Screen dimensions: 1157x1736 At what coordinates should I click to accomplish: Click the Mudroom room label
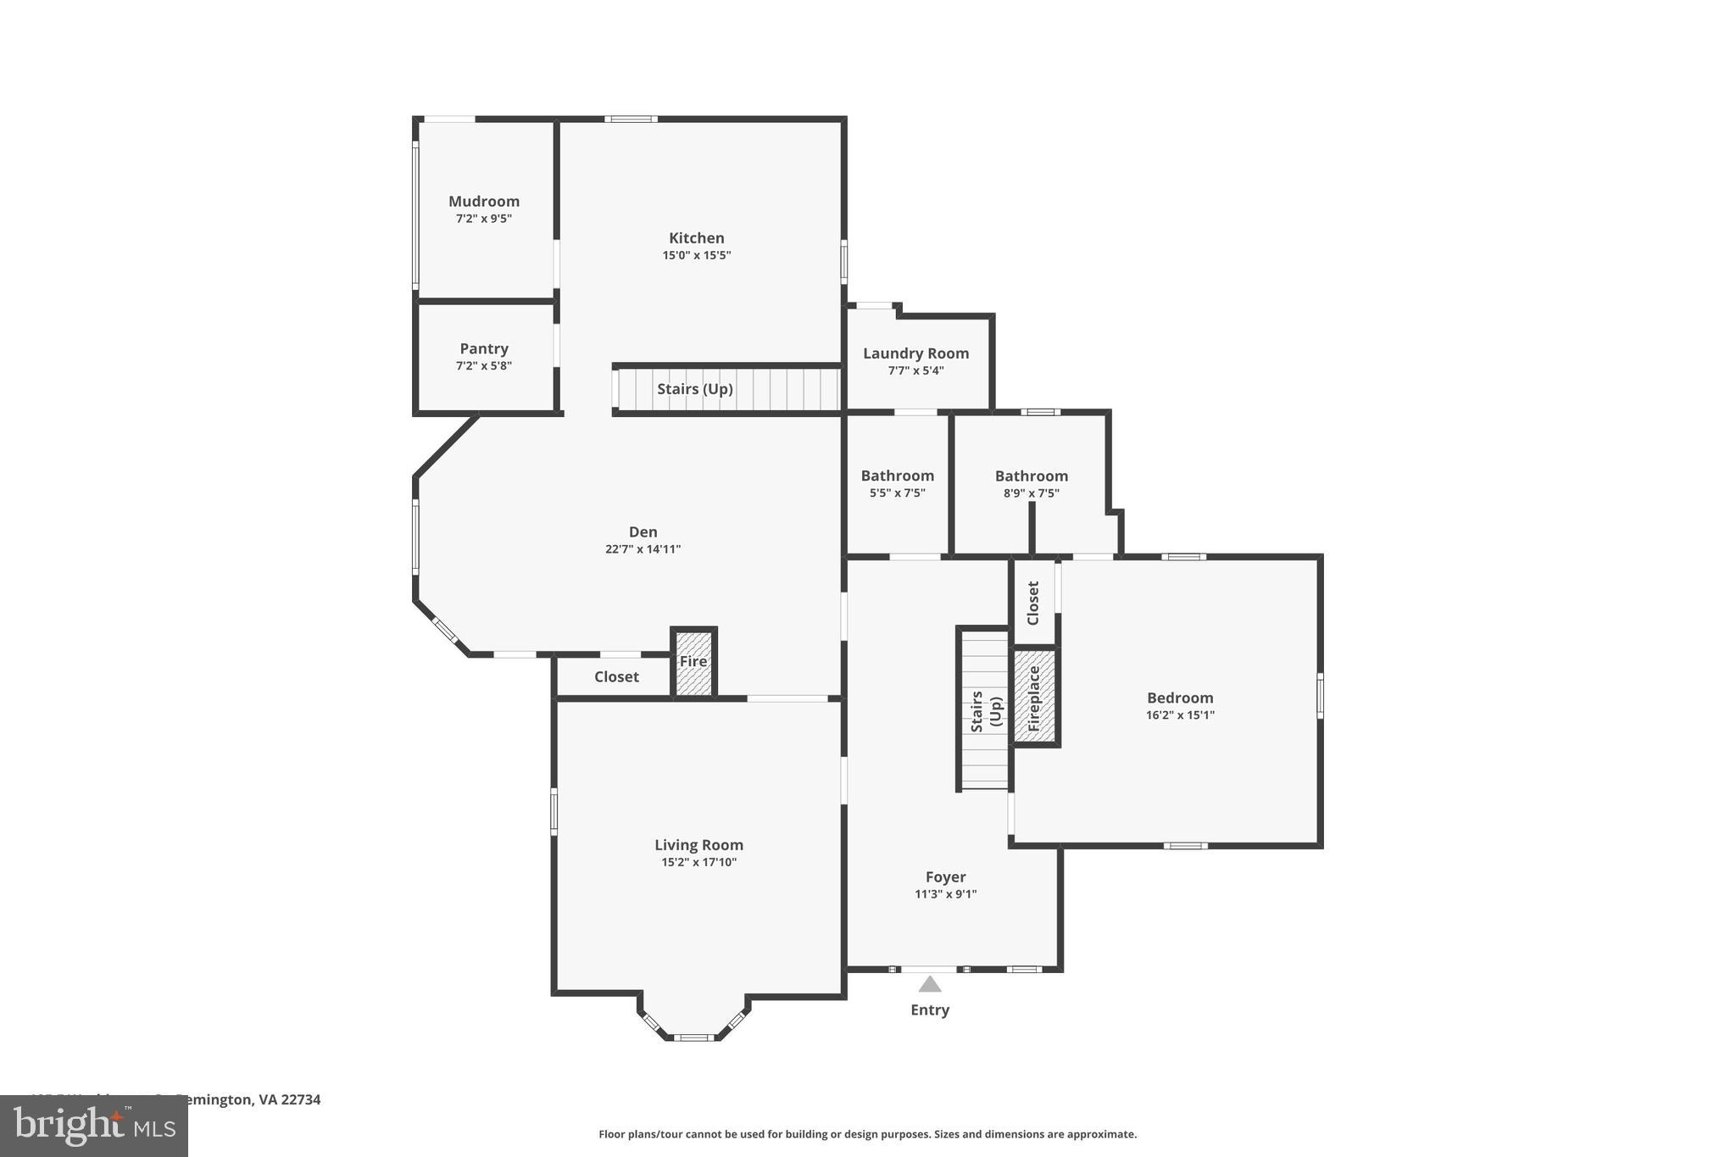(x=484, y=201)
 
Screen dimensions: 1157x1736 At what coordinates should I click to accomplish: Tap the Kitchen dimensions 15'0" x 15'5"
(x=696, y=255)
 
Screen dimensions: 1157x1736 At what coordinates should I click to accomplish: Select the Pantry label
(x=484, y=348)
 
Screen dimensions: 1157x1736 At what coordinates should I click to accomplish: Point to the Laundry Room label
(x=915, y=353)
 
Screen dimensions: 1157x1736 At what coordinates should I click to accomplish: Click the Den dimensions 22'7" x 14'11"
(x=643, y=549)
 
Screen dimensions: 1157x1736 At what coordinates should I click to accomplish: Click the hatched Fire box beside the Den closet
(x=693, y=663)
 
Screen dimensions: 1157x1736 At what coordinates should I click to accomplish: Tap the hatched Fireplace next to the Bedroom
(x=1034, y=698)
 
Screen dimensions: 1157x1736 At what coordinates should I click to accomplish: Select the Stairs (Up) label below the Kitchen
(x=694, y=389)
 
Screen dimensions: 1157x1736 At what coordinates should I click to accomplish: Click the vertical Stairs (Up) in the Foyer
(x=985, y=710)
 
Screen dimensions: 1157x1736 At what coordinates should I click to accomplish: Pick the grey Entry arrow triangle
(x=930, y=984)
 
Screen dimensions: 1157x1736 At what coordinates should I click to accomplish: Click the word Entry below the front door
(x=930, y=1010)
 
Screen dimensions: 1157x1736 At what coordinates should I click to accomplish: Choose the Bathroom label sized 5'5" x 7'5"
(x=897, y=476)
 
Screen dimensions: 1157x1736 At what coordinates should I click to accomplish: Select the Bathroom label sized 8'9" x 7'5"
(x=1031, y=476)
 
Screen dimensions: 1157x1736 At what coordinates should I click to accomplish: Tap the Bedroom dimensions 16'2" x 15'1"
(x=1180, y=715)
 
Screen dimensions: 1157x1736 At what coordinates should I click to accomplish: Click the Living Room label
(x=698, y=845)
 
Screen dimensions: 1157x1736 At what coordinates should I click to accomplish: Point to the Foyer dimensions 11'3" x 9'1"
(x=945, y=894)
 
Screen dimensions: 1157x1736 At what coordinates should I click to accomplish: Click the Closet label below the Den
(x=616, y=676)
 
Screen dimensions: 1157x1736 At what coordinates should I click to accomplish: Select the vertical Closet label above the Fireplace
(x=1032, y=603)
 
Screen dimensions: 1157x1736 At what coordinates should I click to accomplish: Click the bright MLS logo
(x=94, y=1126)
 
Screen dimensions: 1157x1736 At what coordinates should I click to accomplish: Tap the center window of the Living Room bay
(x=693, y=1037)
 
